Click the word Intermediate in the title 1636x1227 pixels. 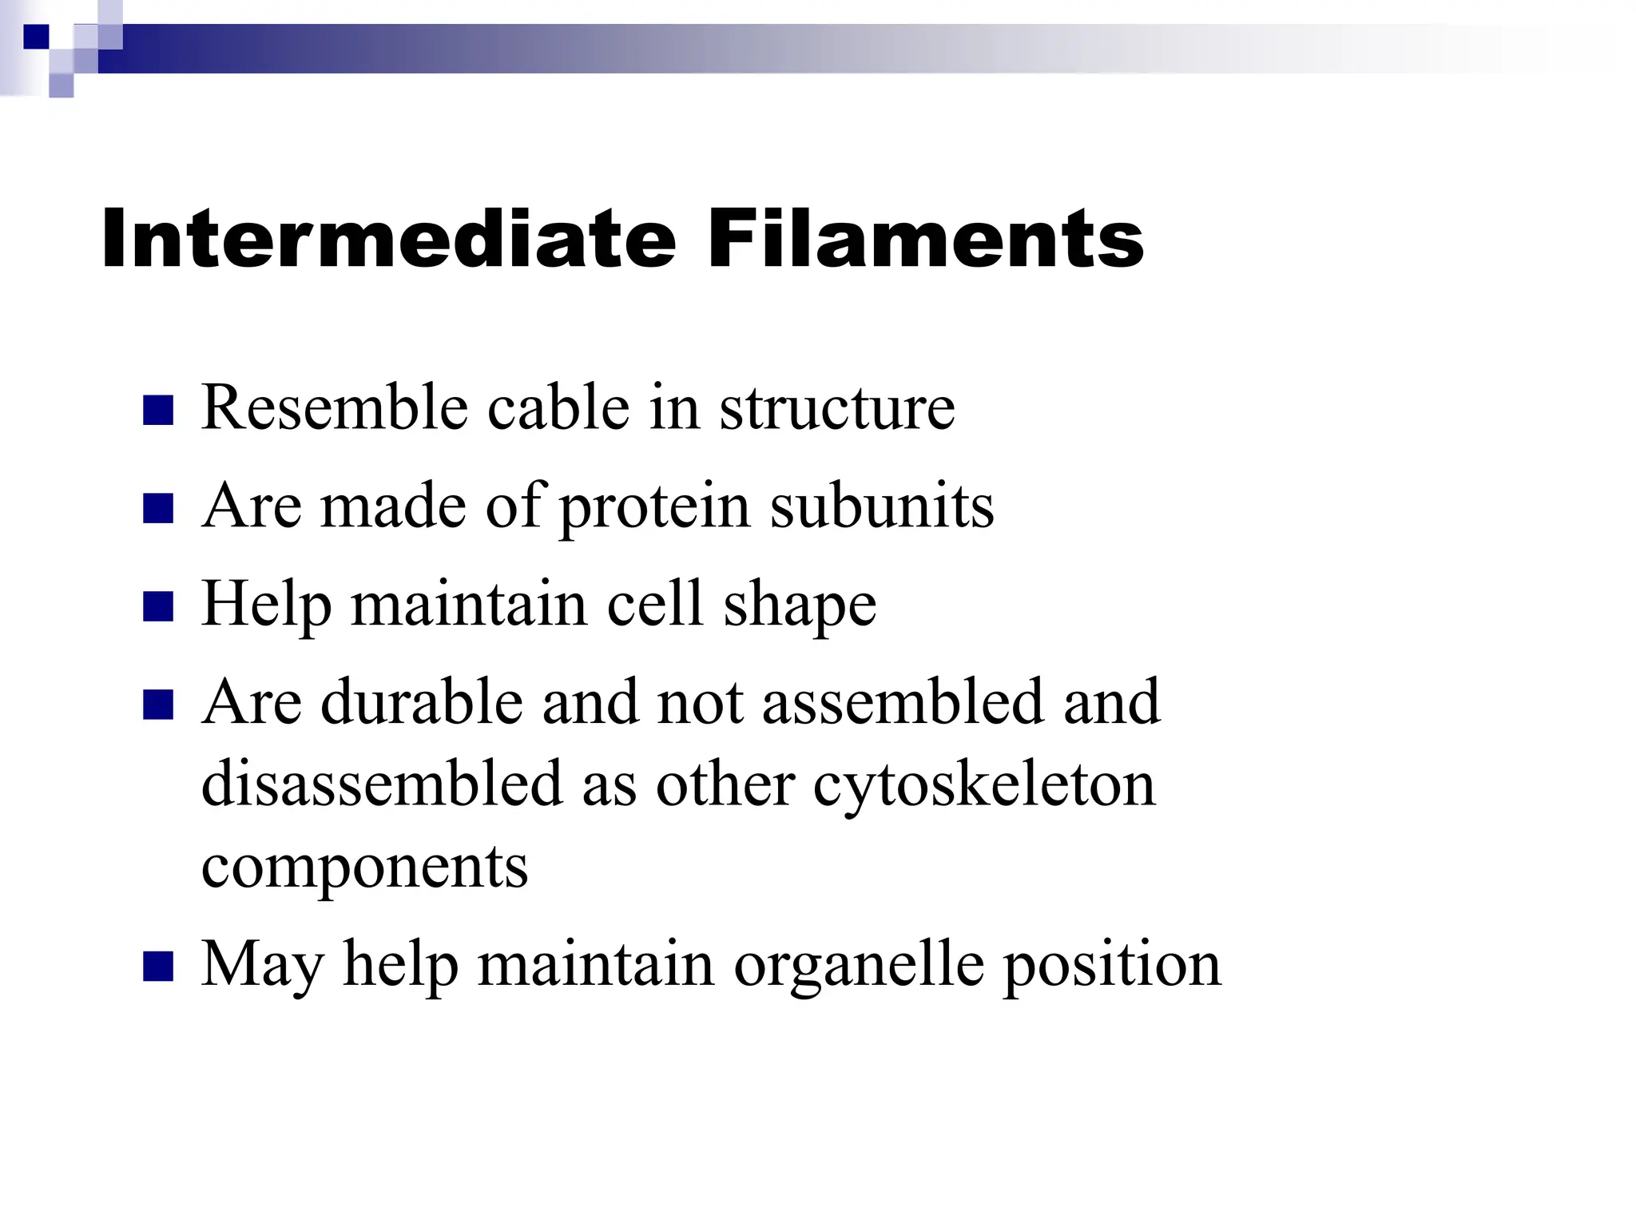coord(388,239)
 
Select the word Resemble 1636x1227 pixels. coord(334,407)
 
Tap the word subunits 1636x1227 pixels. coord(882,506)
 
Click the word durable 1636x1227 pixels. coord(422,702)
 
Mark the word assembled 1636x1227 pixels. coord(903,702)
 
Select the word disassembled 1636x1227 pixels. coord(382,784)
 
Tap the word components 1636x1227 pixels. coord(364,868)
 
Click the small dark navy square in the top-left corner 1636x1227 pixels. coord(36,37)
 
